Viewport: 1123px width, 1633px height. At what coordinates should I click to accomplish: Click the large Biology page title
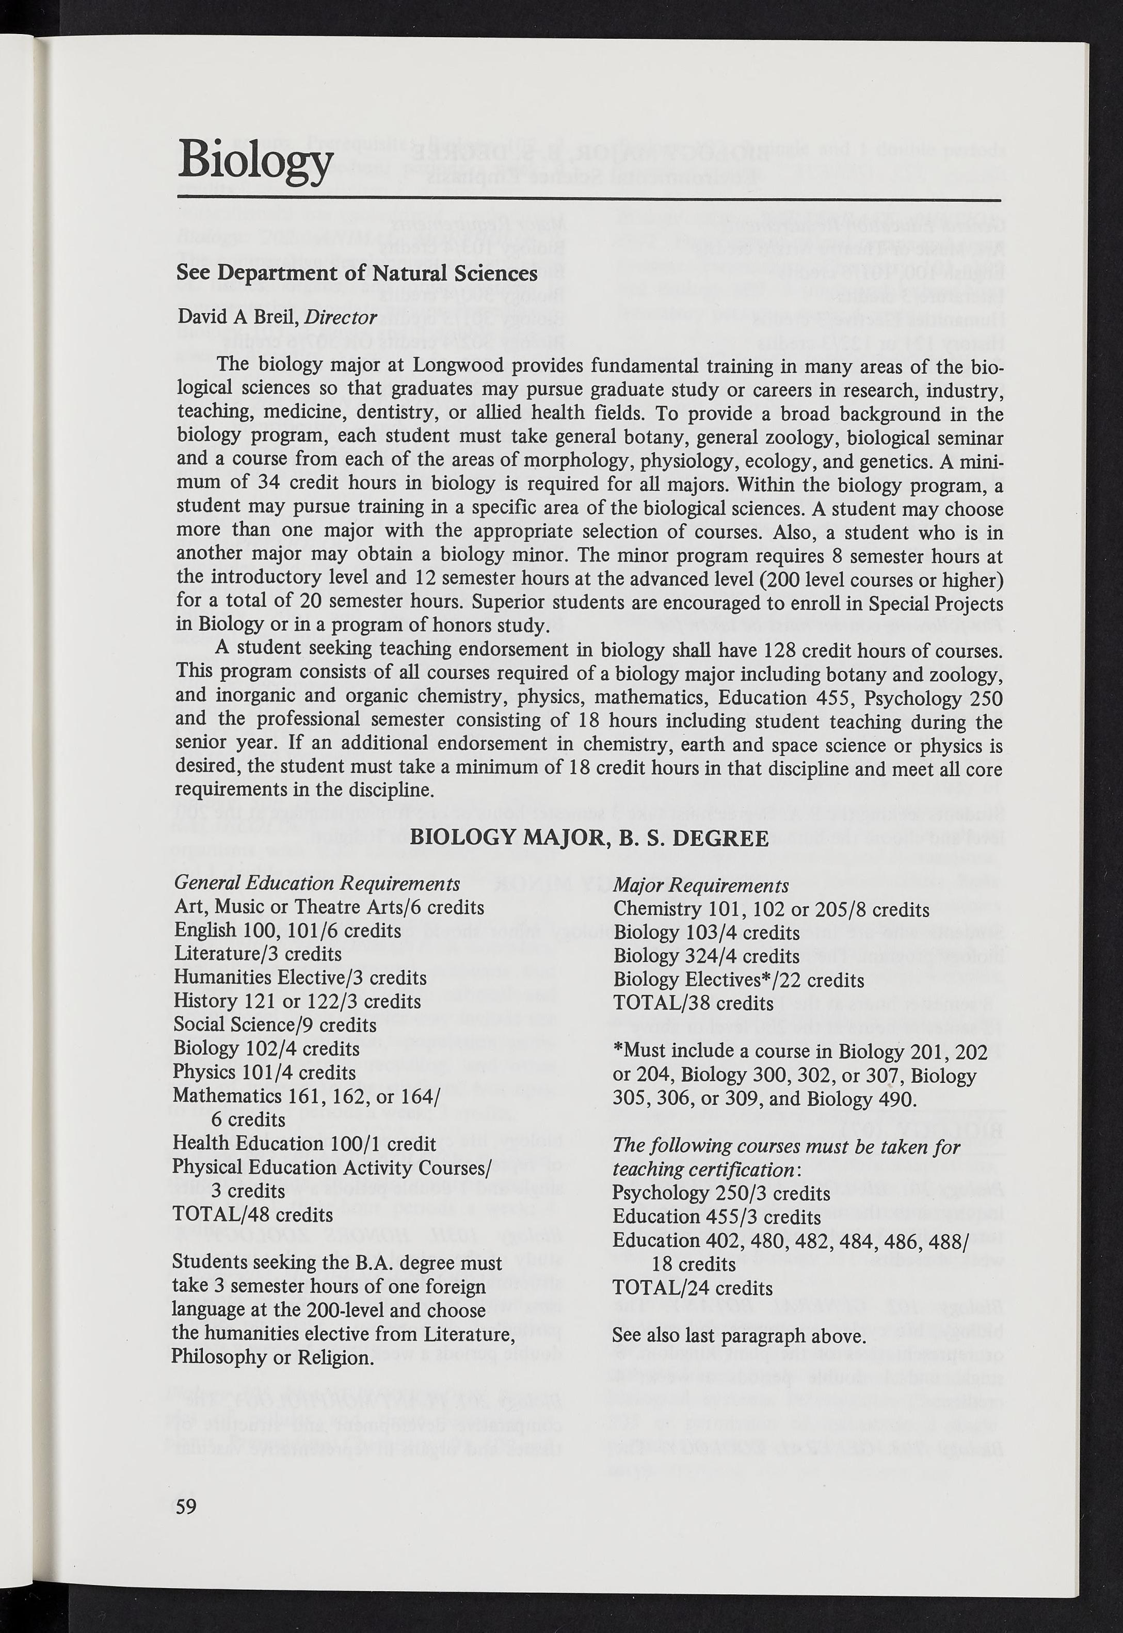pos(255,161)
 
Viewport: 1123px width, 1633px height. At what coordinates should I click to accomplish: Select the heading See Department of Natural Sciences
pos(357,273)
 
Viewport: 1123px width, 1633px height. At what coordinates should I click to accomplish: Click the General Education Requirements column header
pos(317,884)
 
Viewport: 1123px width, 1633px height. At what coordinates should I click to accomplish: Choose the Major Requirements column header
pos(701,886)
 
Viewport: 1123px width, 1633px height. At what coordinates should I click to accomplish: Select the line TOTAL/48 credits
pos(252,1215)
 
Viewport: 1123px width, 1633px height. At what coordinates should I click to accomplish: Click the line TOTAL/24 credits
pos(693,1288)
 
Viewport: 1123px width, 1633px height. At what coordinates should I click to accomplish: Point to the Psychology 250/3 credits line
pos(721,1193)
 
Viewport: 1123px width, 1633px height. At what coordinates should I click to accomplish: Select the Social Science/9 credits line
pos(275,1025)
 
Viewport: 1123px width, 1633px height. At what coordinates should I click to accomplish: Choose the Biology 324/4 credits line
pos(707,956)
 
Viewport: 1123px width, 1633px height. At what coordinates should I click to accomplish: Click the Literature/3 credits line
pos(258,954)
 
